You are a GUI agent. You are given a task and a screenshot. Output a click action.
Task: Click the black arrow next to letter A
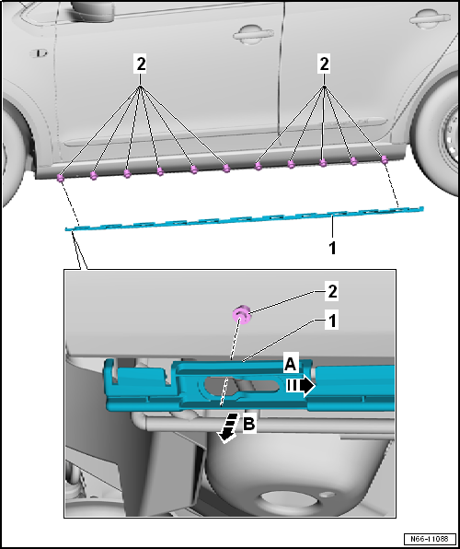301,386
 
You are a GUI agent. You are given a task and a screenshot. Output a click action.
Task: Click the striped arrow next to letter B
228,428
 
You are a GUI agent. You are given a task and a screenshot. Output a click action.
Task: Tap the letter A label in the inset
291,365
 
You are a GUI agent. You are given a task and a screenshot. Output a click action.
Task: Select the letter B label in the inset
249,425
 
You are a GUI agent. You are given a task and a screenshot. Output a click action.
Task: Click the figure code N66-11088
431,538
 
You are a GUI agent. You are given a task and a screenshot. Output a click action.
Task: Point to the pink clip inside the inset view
242,315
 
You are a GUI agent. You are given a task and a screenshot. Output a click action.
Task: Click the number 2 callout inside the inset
331,292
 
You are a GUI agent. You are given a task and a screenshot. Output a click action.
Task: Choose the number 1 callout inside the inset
332,321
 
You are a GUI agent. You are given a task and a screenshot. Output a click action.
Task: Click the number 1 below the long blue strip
332,248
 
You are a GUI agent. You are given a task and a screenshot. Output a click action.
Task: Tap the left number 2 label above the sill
140,64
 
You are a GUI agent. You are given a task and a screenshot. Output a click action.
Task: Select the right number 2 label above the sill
324,64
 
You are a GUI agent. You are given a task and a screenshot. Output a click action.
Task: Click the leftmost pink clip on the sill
61,178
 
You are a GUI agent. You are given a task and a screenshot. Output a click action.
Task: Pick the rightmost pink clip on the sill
385,159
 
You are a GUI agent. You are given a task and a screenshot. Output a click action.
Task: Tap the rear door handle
430,18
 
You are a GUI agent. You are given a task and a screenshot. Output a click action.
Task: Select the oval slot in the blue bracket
242,385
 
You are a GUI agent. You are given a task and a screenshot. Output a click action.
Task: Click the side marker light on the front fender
38,53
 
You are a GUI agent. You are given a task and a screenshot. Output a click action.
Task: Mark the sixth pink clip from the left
226,169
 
